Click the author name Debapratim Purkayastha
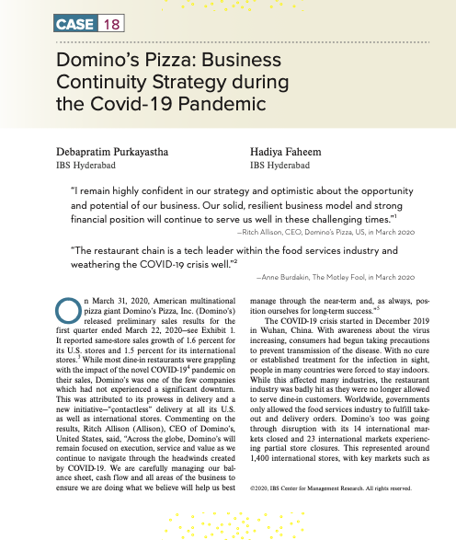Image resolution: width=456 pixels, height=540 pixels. [116, 150]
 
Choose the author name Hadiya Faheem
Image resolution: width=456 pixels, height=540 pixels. [287, 150]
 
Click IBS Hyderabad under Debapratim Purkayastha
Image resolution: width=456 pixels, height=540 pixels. [86, 166]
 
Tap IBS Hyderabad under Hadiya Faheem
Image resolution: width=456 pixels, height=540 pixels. [279, 166]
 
